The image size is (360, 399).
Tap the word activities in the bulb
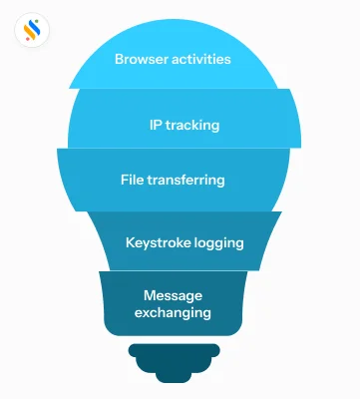(x=201, y=59)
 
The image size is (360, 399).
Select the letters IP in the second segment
(x=154, y=126)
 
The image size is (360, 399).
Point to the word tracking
(x=192, y=126)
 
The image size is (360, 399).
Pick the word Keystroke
(x=159, y=241)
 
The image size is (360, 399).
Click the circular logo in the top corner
(x=34, y=31)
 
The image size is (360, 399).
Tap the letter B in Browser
(x=119, y=59)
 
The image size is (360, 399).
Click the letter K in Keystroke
(x=130, y=241)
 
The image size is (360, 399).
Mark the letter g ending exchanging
(x=207, y=314)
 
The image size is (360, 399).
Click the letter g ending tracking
(x=215, y=128)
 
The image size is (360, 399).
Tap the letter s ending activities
(x=228, y=59)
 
